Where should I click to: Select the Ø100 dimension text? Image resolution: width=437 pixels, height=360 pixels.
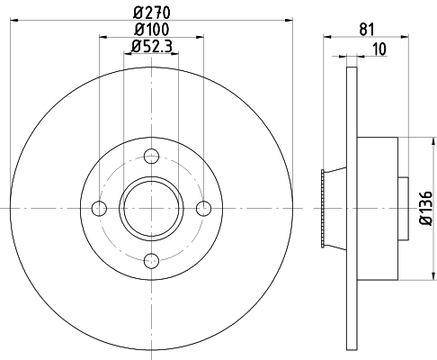pos(150,31)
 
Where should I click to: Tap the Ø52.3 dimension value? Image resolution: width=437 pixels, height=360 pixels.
pos(150,47)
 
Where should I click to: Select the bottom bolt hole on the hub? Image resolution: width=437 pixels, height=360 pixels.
pos(152,261)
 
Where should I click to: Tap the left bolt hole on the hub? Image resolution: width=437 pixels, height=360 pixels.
pos(100,209)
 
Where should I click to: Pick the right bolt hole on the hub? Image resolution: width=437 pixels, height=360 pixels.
pos(204,209)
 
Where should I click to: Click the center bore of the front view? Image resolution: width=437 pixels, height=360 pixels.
pos(152,208)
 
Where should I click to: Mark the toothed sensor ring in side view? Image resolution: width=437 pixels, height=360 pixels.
pos(323,208)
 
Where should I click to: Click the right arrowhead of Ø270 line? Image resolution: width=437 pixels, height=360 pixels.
pos(290,20)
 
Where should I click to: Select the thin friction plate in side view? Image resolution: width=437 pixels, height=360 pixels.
pos(352,209)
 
